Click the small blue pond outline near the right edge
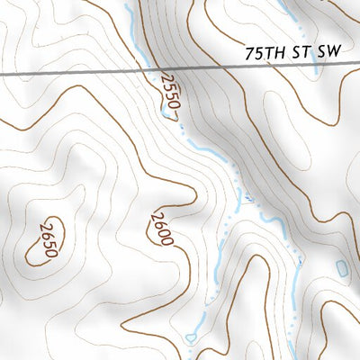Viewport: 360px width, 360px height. point(341,267)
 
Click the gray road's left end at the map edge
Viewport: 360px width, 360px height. point(2,73)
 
